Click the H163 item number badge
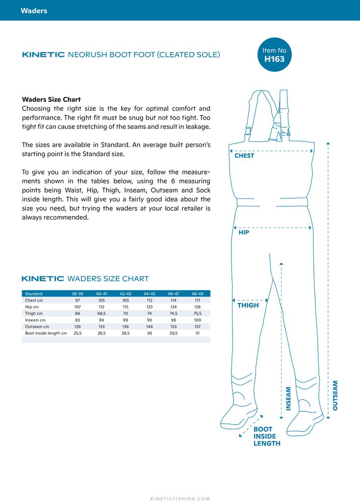click(274, 54)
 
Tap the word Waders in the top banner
click(34, 10)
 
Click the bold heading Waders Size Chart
click(51, 100)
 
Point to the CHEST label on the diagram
click(244, 156)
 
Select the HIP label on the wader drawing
click(244, 232)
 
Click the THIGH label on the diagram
click(248, 305)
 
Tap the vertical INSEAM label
click(288, 398)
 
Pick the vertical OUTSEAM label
click(335, 395)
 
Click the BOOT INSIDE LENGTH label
click(267, 436)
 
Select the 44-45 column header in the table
click(150, 294)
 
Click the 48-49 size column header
click(197, 294)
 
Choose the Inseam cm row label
click(35, 320)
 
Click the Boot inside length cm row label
click(46, 333)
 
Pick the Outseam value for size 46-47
click(173, 326)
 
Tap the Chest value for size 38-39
click(77, 300)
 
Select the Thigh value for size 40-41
click(102, 313)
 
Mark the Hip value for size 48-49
click(197, 307)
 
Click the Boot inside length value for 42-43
click(126, 333)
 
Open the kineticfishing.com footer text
click(180, 499)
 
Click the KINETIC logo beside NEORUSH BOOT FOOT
click(44, 55)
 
